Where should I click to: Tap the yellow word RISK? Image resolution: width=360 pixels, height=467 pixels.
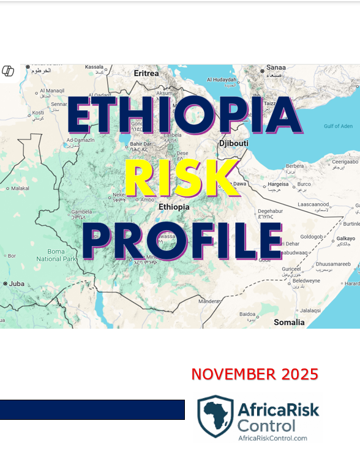coord(181,179)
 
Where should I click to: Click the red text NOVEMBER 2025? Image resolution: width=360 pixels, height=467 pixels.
coord(255,374)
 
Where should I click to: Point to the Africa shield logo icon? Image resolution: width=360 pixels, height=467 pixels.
coord(215,416)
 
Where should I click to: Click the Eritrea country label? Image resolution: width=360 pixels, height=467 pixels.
coord(146,73)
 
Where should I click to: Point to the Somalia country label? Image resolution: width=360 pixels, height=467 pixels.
coord(289,322)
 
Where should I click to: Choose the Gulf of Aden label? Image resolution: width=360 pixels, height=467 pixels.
coord(338,126)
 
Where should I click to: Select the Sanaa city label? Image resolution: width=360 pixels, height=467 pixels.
coord(276,67)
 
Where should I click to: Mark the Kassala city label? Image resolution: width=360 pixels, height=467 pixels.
coord(94,67)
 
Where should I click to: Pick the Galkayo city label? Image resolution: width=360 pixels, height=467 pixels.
coord(346,238)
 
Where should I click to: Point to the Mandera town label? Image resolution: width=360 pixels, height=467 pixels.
coord(209,301)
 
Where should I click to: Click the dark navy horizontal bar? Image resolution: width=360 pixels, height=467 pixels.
coord(92,409)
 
